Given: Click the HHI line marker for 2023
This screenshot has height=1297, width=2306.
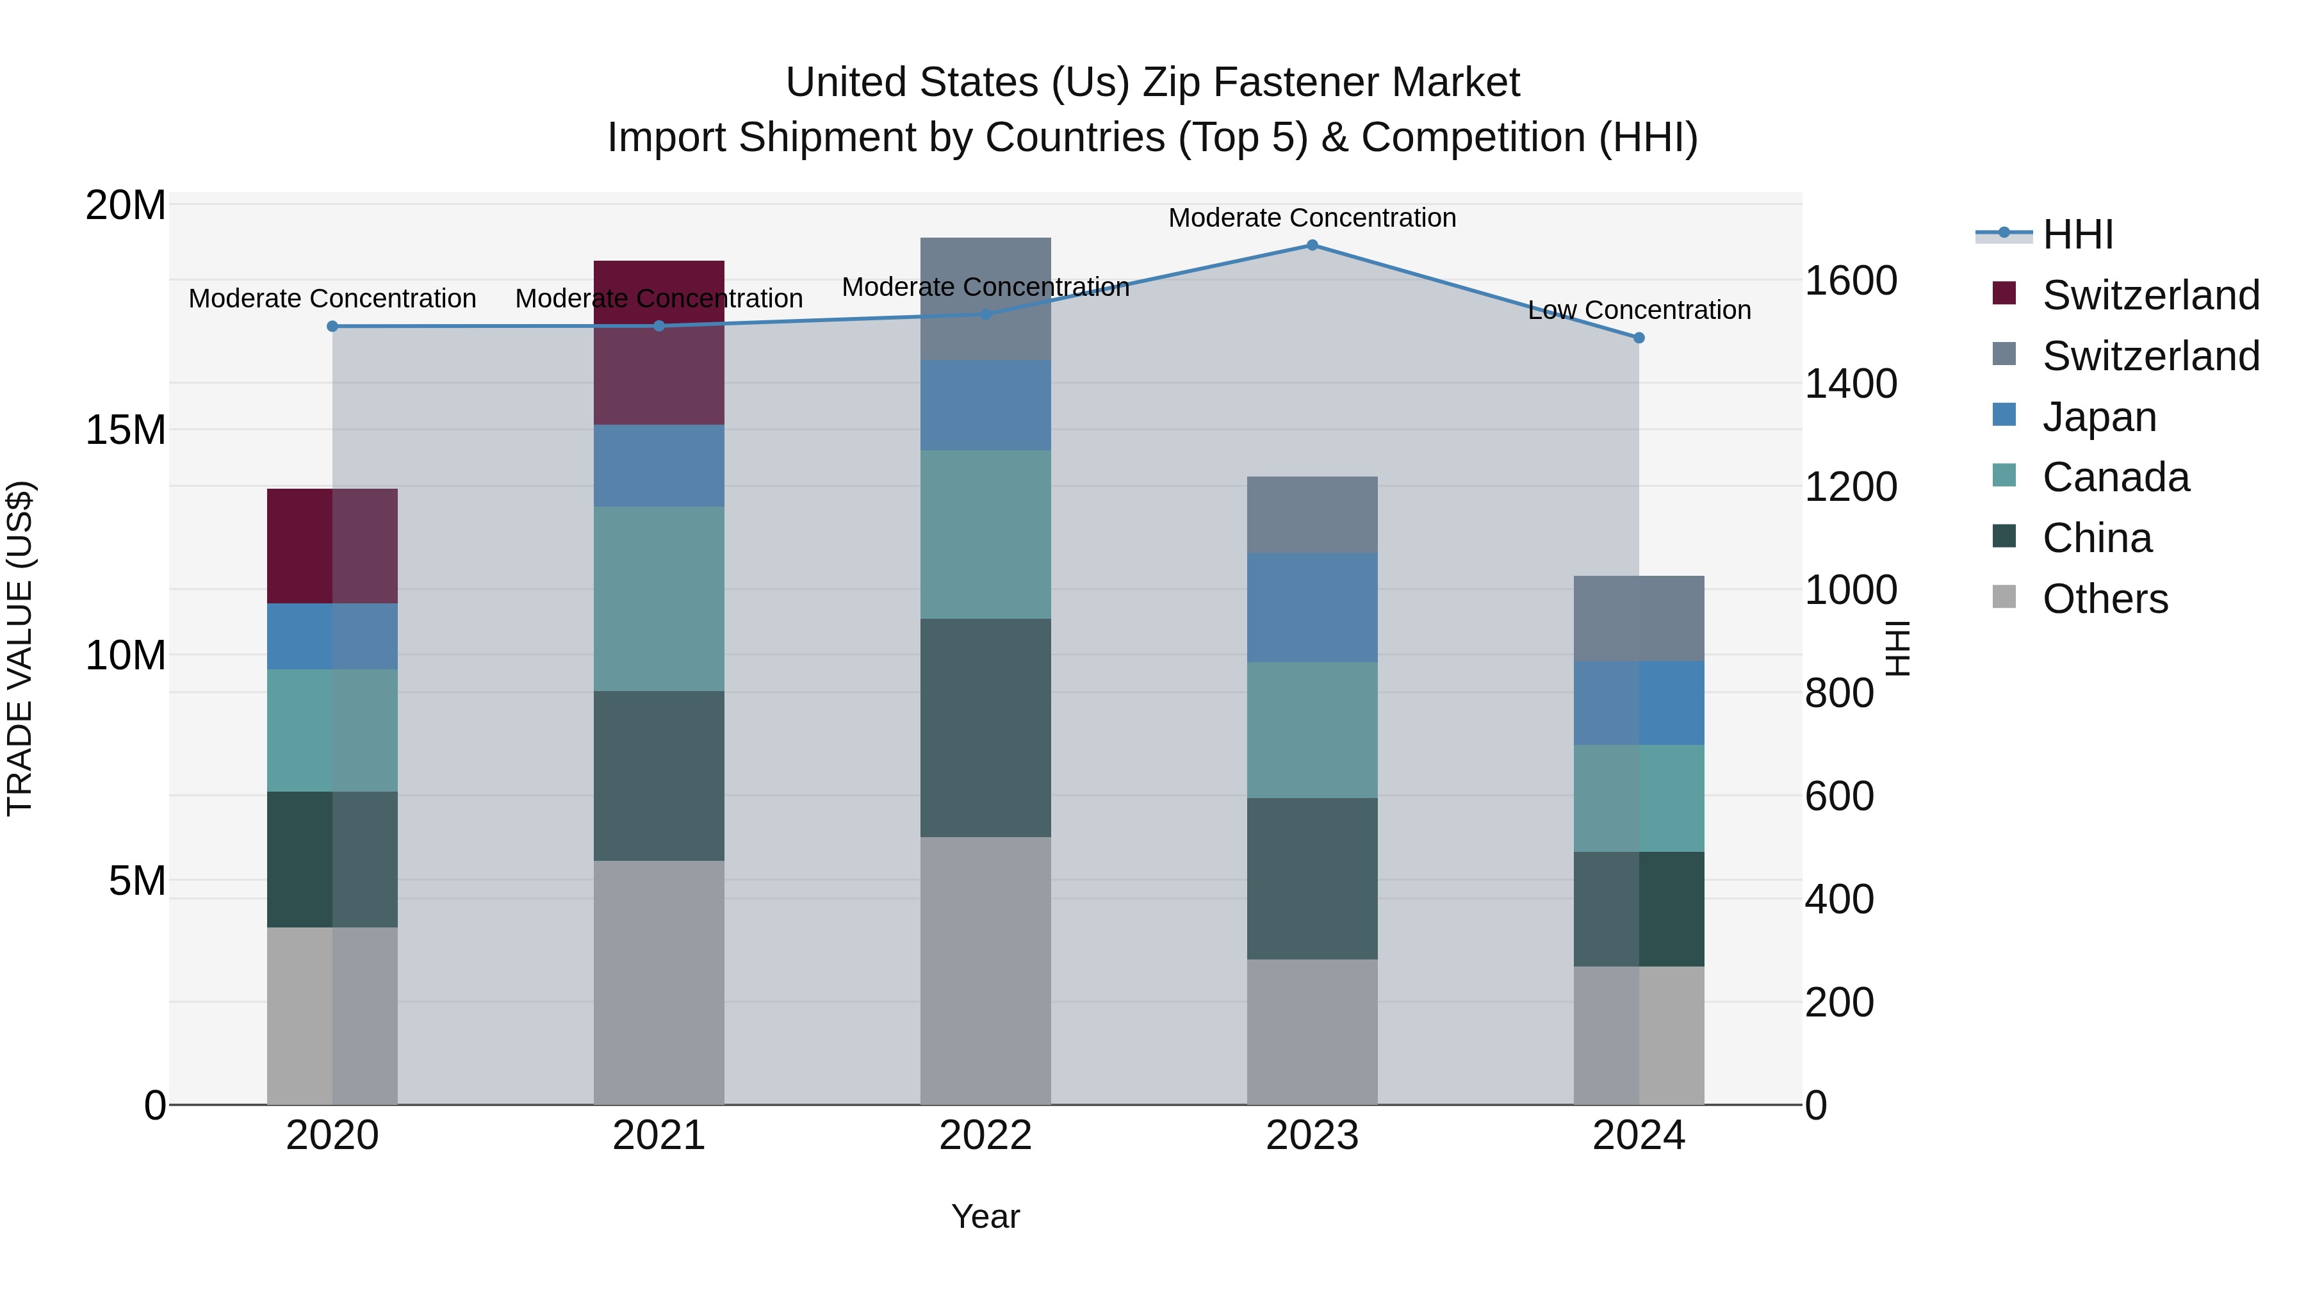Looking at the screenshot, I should click(x=1312, y=245).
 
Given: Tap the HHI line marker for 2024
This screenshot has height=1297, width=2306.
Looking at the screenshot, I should click(x=1639, y=338).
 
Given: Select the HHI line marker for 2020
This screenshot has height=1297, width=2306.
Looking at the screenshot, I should click(x=332, y=327).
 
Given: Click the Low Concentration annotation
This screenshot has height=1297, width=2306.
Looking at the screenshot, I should click(x=1639, y=311).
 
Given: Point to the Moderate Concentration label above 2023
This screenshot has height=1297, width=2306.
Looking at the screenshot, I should click(x=1312, y=218).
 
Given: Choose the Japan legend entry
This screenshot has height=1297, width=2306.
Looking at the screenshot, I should click(x=2099, y=417).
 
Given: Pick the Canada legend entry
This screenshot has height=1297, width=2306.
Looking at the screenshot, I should click(x=2115, y=478).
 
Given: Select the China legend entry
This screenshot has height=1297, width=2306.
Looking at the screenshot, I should click(x=2097, y=539).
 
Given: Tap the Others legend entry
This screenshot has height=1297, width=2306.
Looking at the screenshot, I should click(x=2105, y=600).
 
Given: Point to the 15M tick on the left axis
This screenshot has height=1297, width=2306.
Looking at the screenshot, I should click(x=126, y=430).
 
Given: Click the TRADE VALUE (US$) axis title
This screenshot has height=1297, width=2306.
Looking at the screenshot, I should click(x=20, y=649).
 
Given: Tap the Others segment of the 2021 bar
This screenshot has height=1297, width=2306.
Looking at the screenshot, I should click(x=659, y=982).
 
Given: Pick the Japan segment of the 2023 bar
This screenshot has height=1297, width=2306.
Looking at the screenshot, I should click(x=1312, y=608).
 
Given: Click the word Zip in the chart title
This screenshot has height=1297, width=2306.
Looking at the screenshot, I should click(x=1173, y=83).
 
